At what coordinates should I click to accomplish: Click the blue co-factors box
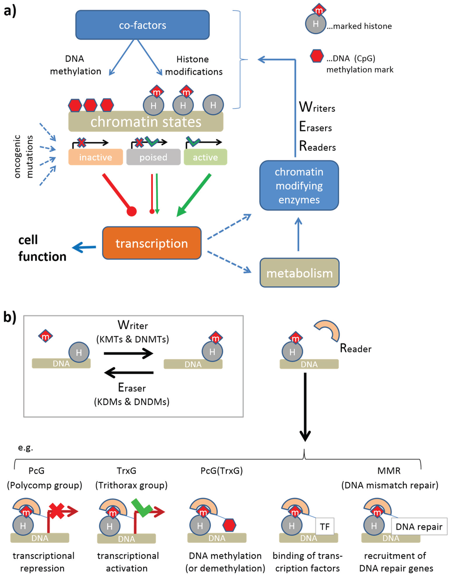pyautogui.click(x=142, y=25)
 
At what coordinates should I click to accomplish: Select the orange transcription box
pyautogui.click(x=152, y=243)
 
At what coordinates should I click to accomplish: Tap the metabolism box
pyautogui.click(x=299, y=273)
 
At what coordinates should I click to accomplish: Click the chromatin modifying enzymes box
pyautogui.click(x=299, y=185)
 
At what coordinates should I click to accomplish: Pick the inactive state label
pyautogui.click(x=95, y=157)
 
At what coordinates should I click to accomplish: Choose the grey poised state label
pyautogui.click(x=153, y=157)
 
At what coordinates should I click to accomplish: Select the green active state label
pyautogui.click(x=205, y=157)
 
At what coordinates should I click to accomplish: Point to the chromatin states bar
pyautogui.click(x=145, y=122)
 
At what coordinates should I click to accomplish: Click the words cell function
pyautogui.click(x=42, y=248)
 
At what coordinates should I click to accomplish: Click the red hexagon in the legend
pyautogui.click(x=316, y=56)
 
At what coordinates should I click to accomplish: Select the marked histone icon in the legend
pyautogui.click(x=316, y=21)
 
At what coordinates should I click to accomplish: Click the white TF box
pyautogui.click(x=325, y=526)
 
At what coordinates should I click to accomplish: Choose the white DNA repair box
pyautogui.click(x=419, y=526)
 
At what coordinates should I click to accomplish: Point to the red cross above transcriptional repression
pyautogui.click(x=57, y=511)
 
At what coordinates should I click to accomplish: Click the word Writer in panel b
pyautogui.click(x=133, y=325)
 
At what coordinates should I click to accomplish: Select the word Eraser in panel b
pyautogui.click(x=132, y=388)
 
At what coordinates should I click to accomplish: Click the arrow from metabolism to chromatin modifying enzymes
pyautogui.click(x=298, y=235)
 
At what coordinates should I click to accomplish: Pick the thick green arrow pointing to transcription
pyautogui.click(x=194, y=195)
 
